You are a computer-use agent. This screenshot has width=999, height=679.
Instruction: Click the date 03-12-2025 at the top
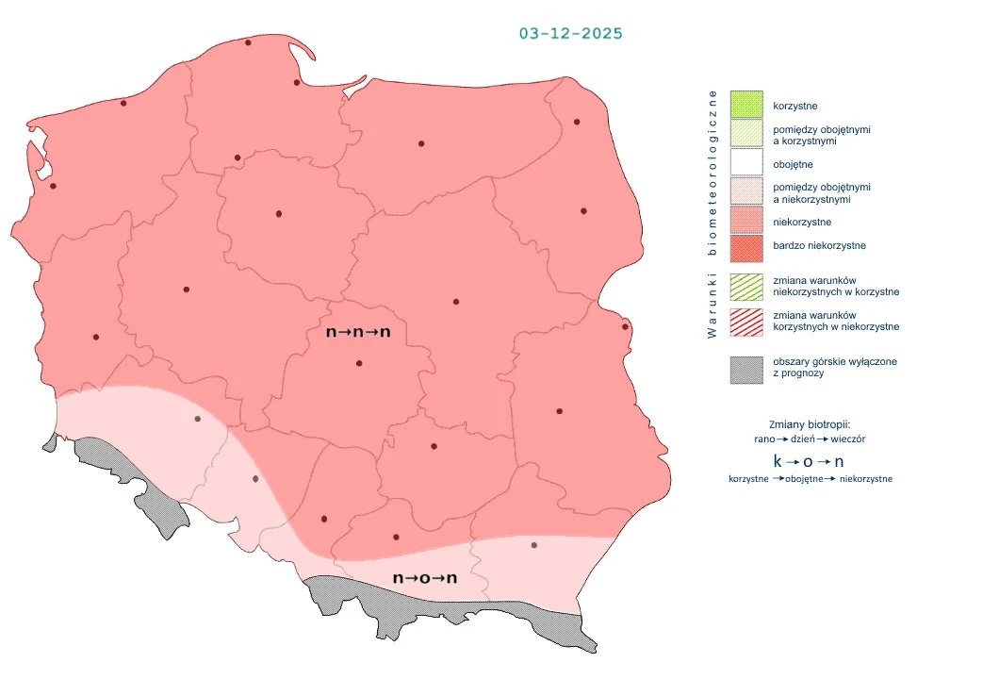click(570, 33)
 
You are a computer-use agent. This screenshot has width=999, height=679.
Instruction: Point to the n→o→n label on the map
click(425, 577)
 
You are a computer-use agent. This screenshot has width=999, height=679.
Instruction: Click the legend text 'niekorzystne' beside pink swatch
click(801, 222)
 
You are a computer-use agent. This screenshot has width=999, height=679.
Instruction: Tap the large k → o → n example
click(808, 461)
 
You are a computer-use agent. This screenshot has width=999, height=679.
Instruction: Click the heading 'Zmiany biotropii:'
click(810, 423)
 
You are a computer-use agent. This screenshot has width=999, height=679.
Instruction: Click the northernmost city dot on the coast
click(248, 42)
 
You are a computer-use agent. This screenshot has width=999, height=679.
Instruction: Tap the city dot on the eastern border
click(625, 327)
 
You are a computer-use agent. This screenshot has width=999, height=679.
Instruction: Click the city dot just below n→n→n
click(359, 363)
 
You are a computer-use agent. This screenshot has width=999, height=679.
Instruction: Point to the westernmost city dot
click(53, 186)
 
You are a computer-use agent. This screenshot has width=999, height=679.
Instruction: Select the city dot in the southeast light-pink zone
click(534, 545)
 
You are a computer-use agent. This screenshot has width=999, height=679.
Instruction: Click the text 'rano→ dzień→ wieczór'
click(810, 439)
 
